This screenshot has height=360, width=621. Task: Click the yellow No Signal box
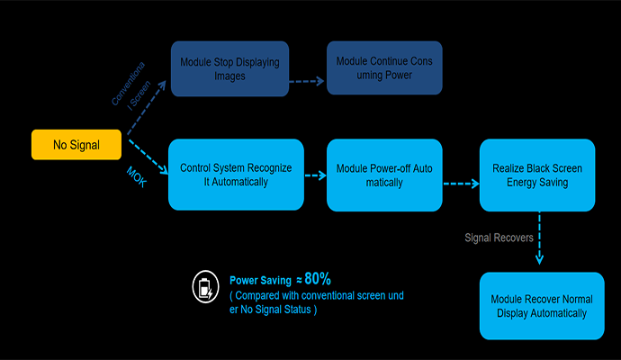(x=76, y=145)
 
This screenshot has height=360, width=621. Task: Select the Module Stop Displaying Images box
(x=229, y=67)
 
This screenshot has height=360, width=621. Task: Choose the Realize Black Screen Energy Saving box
(x=536, y=175)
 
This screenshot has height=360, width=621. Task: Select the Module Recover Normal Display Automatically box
(x=541, y=306)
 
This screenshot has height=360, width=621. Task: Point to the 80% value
(x=318, y=279)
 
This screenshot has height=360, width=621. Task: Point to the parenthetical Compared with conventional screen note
(x=317, y=302)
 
